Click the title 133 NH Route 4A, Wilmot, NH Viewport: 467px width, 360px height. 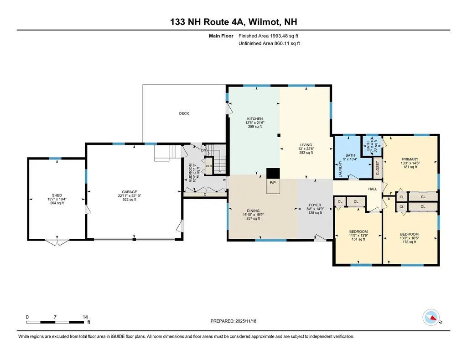(x=233, y=22)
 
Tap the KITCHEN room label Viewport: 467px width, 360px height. (x=253, y=119)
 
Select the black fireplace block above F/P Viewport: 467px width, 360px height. (x=272, y=173)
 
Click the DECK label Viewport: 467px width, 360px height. (x=184, y=113)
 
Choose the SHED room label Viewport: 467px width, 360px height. (x=57, y=195)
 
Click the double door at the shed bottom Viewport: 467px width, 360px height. (x=57, y=242)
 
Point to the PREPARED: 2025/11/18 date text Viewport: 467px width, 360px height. (x=237, y=321)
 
